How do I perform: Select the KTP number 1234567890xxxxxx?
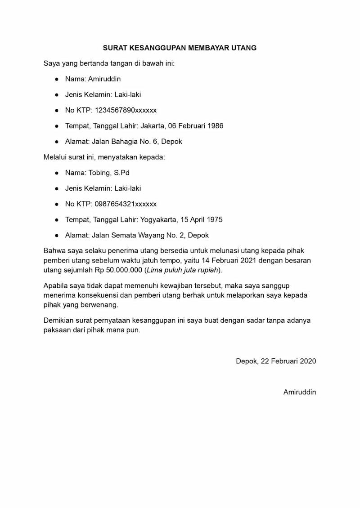pyautogui.click(x=126, y=110)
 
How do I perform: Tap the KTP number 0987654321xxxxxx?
pyautogui.click(x=126, y=204)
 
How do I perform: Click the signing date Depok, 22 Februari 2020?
pyautogui.click(x=276, y=361)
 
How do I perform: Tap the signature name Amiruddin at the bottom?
pyautogui.click(x=300, y=392)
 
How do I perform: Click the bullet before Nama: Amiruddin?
pyautogui.click(x=57, y=79)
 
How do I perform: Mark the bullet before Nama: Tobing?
pyautogui.click(x=57, y=173)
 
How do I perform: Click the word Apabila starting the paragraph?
pyautogui.click(x=56, y=285)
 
